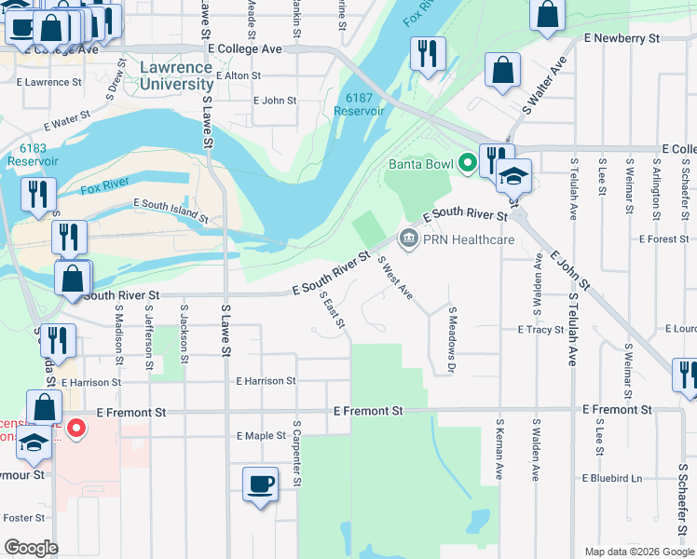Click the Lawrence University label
(x=177, y=75)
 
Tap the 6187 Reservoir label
(x=359, y=104)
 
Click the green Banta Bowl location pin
(x=466, y=165)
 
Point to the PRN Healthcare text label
(x=469, y=239)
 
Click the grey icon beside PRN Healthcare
(x=407, y=239)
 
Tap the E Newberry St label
(x=622, y=38)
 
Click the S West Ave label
(x=395, y=279)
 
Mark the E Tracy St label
(x=540, y=330)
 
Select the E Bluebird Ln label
(x=612, y=478)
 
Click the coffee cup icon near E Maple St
(x=260, y=484)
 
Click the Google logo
(x=31, y=547)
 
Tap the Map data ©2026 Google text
(x=638, y=552)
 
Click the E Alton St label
(x=238, y=75)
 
